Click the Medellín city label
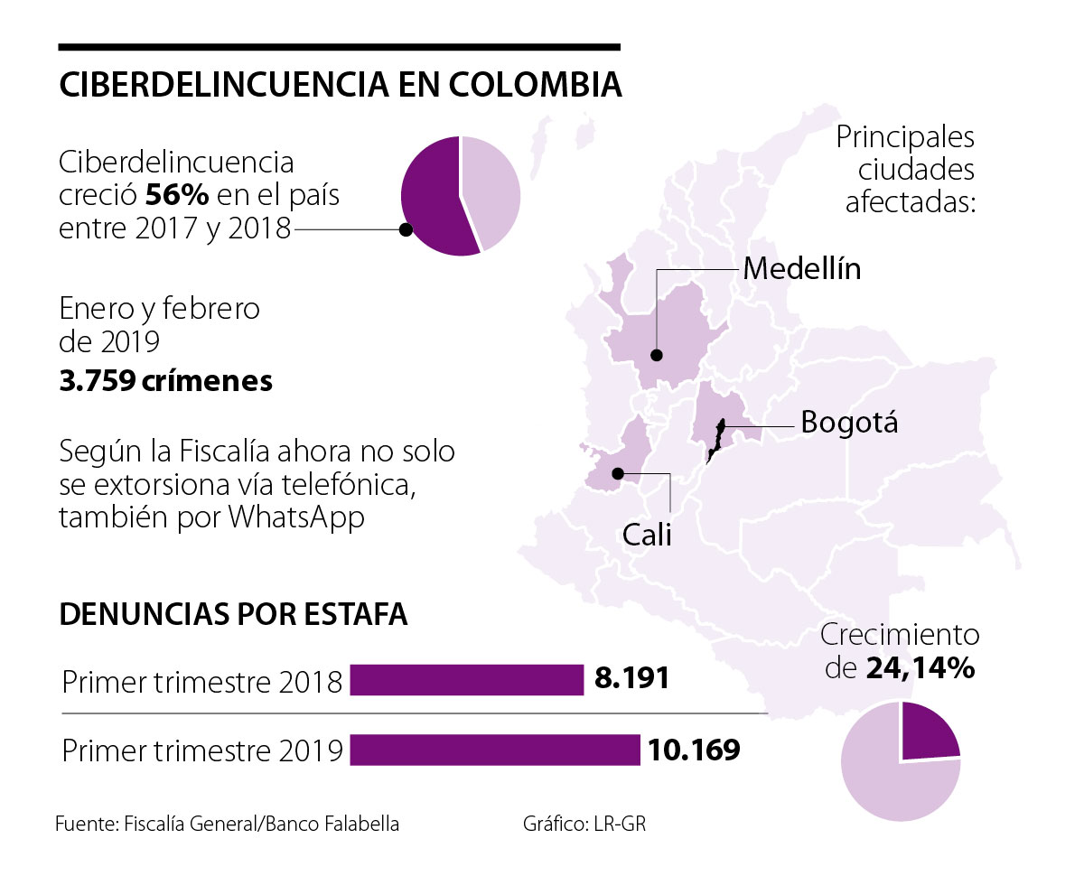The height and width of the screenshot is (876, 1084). click(x=801, y=268)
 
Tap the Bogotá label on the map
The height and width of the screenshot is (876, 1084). click(x=849, y=421)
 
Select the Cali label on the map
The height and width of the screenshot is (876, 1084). click(x=648, y=535)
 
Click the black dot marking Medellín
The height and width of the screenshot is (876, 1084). click(x=657, y=355)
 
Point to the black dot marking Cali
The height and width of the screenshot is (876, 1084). click(x=618, y=473)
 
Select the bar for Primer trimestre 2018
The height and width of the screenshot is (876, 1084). click(x=466, y=680)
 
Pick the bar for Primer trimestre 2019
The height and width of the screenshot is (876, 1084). click(x=494, y=750)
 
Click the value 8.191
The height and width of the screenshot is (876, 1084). click(x=631, y=678)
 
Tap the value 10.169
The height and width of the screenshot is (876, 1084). click(x=692, y=749)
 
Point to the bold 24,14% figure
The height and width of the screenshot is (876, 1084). click(x=920, y=668)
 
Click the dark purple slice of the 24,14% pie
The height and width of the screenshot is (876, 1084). click(x=928, y=732)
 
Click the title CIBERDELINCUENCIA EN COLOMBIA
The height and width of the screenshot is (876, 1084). click(x=340, y=85)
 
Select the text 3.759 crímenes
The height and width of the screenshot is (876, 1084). click(x=165, y=380)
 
